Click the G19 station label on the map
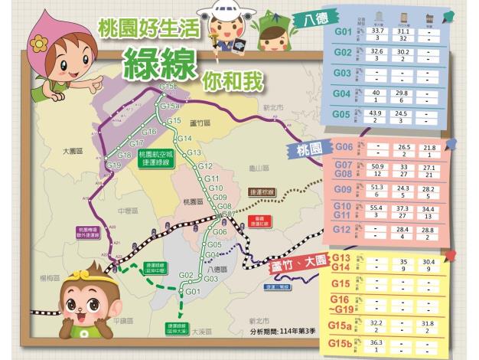click(x=114, y=165)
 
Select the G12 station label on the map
click(x=204, y=165)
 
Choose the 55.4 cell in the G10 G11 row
click(x=376, y=208)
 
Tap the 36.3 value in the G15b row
click(x=376, y=342)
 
